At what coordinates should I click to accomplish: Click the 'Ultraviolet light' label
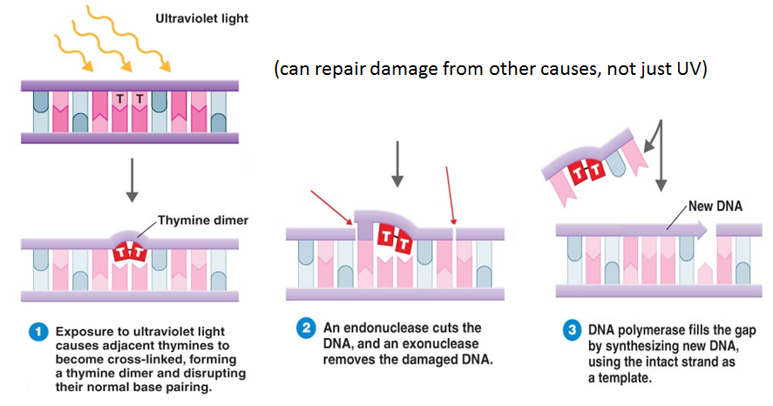click(201, 19)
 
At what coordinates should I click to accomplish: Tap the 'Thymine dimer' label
click(202, 220)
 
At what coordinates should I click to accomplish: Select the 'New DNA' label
click(715, 206)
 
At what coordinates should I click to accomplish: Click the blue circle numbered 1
click(38, 332)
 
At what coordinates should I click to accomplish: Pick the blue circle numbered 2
click(306, 328)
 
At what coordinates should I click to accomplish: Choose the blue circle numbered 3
click(572, 329)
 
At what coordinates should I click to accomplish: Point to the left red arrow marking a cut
click(332, 207)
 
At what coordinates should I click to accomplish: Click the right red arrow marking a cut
click(450, 196)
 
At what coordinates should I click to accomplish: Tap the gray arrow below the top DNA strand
click(132, 180)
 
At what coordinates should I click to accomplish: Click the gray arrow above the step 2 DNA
click(397, 164)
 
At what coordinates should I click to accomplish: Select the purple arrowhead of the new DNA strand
click(701, 230)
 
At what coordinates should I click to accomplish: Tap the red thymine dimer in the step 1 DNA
click(130, 253)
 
